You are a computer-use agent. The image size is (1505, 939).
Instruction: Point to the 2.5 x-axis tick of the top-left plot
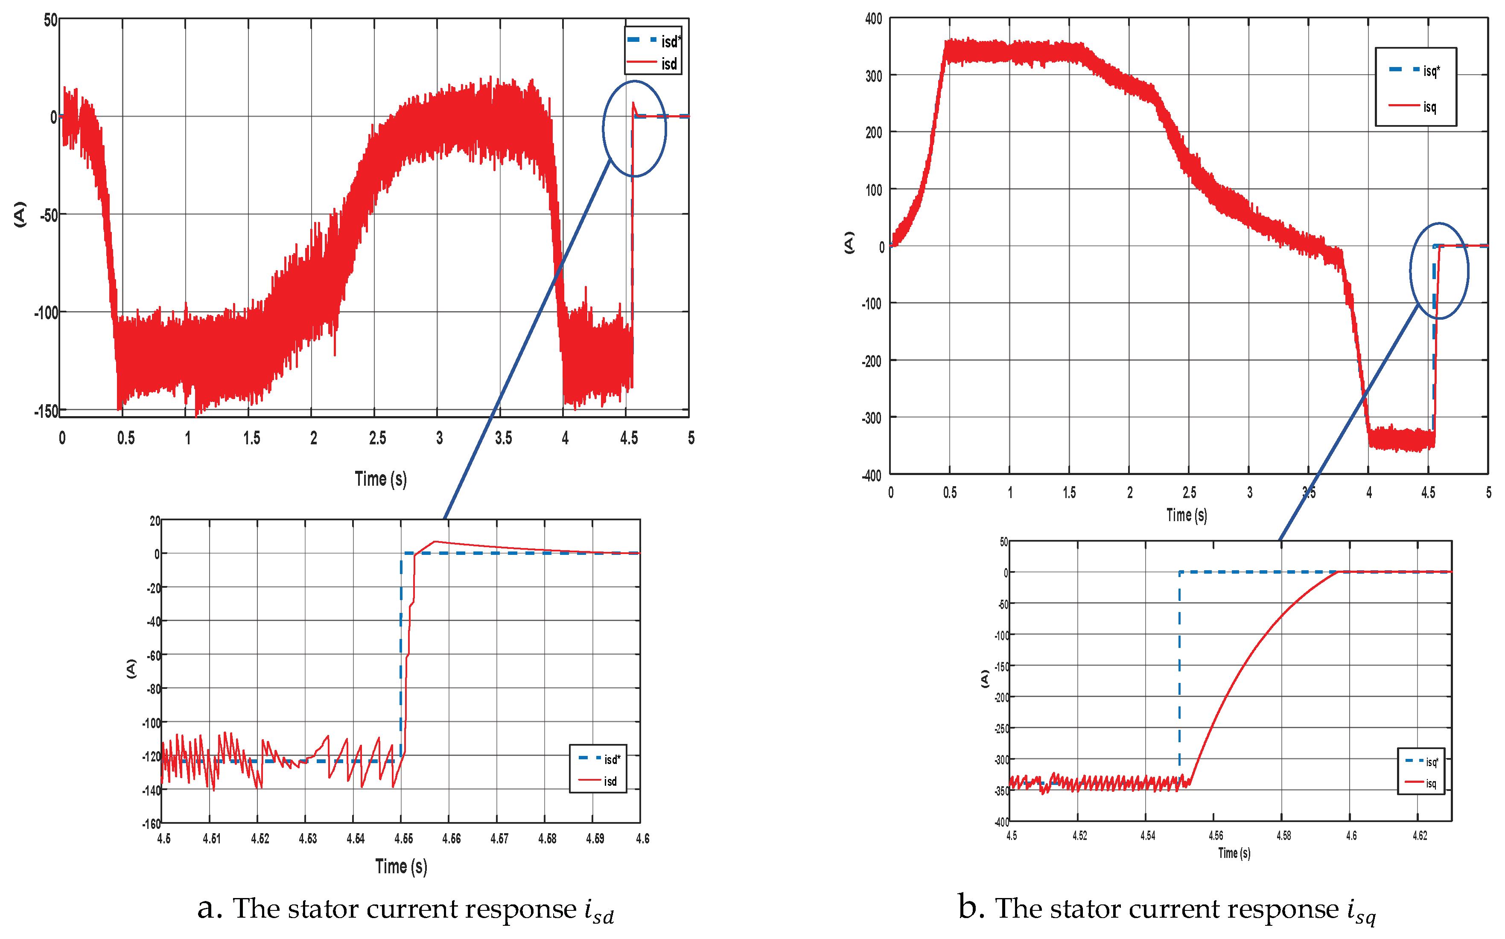click(377, 438)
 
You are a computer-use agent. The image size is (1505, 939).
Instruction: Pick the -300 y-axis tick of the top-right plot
click(871, 418)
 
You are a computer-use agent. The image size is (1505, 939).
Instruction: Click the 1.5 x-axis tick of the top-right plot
click(1069, 493)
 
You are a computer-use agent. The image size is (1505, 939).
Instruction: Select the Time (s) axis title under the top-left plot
click(381, 479)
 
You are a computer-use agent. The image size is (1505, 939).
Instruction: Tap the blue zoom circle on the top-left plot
click(634, 128)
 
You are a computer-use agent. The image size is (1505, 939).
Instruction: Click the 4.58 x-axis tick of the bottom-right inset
click(1283, 836)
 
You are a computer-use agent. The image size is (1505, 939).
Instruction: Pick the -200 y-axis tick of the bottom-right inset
click(1001, 697)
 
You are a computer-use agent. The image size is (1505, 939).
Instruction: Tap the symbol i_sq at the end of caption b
click(1361, 910)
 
